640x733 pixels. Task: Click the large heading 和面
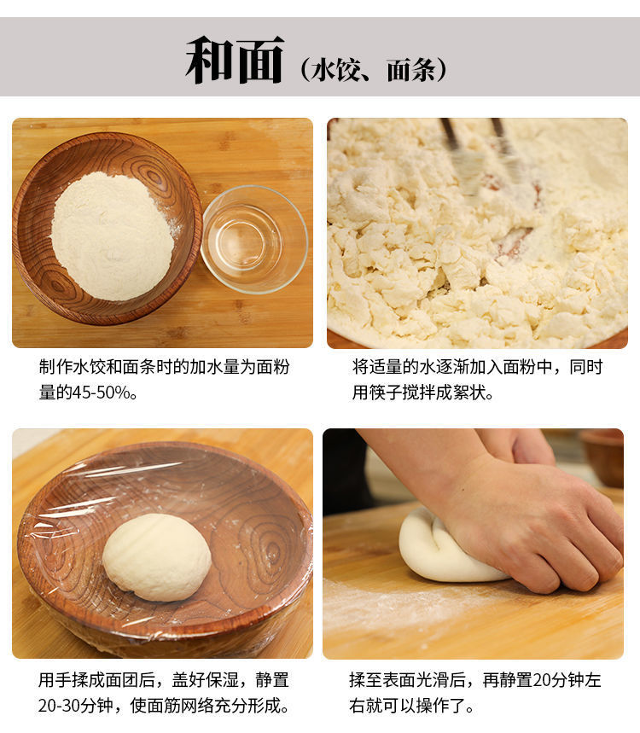235,60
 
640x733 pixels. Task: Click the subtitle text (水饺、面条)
374,70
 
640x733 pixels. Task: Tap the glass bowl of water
254,239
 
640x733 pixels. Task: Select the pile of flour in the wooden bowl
112,236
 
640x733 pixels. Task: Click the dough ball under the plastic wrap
157,557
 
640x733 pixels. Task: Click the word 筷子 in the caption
386,393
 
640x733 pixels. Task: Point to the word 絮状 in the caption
468,393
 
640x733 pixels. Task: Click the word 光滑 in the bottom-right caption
433,680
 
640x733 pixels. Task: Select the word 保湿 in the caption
222,680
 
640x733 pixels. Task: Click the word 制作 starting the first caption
55,367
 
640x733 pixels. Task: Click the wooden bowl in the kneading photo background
603,456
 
